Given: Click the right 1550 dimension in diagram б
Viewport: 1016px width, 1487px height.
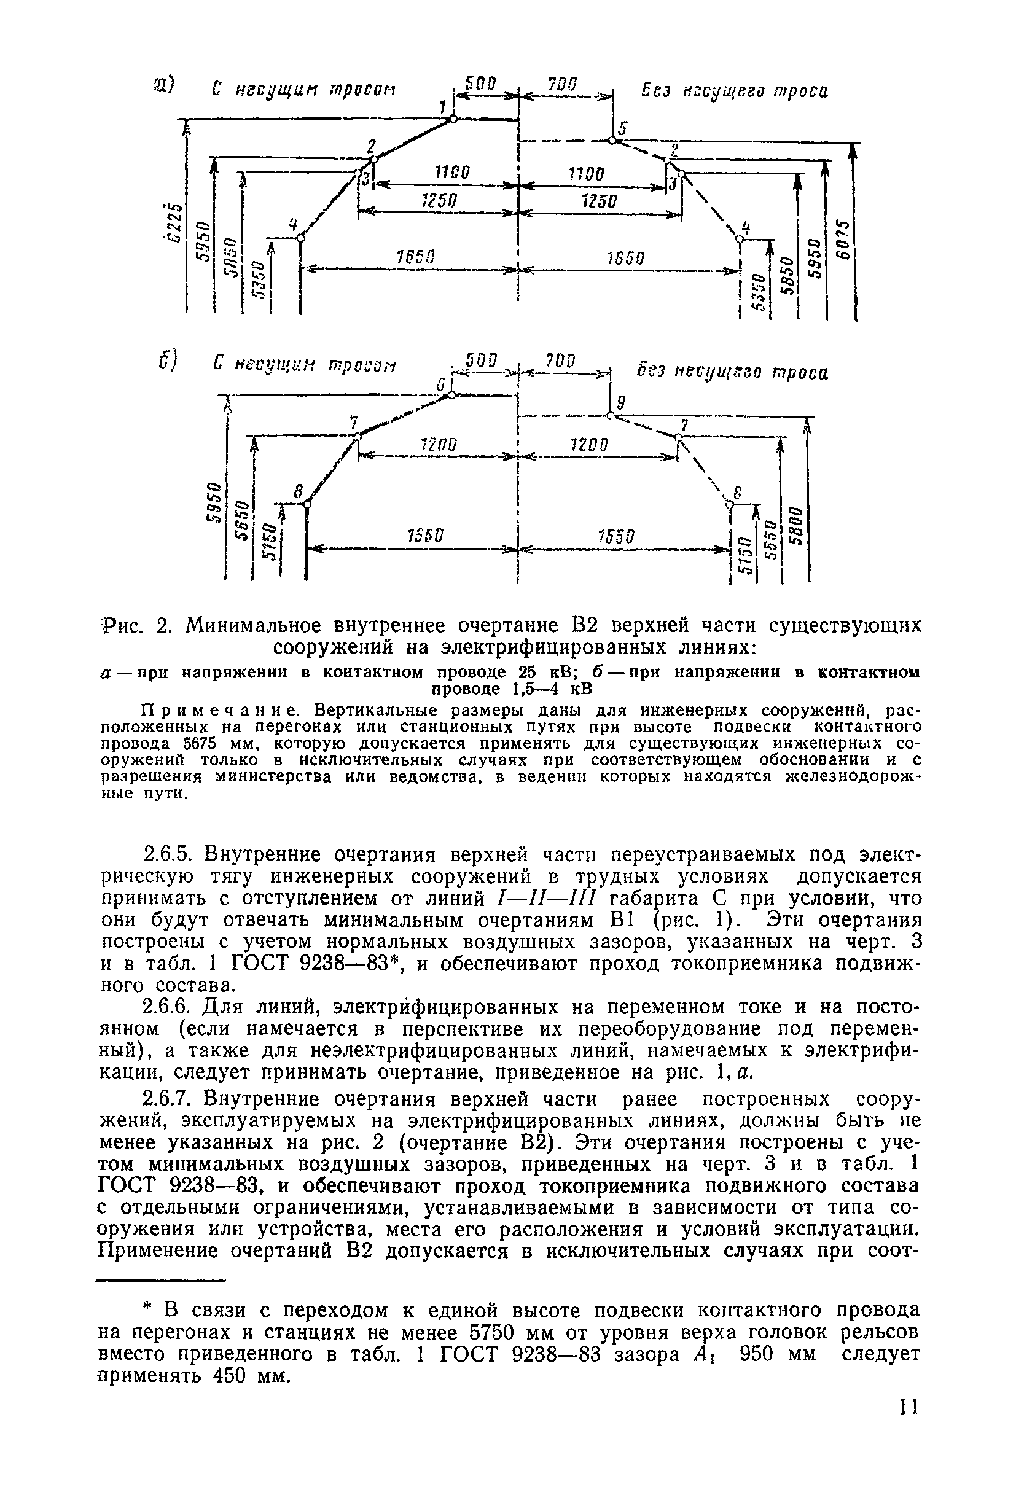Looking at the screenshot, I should point(616,536).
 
